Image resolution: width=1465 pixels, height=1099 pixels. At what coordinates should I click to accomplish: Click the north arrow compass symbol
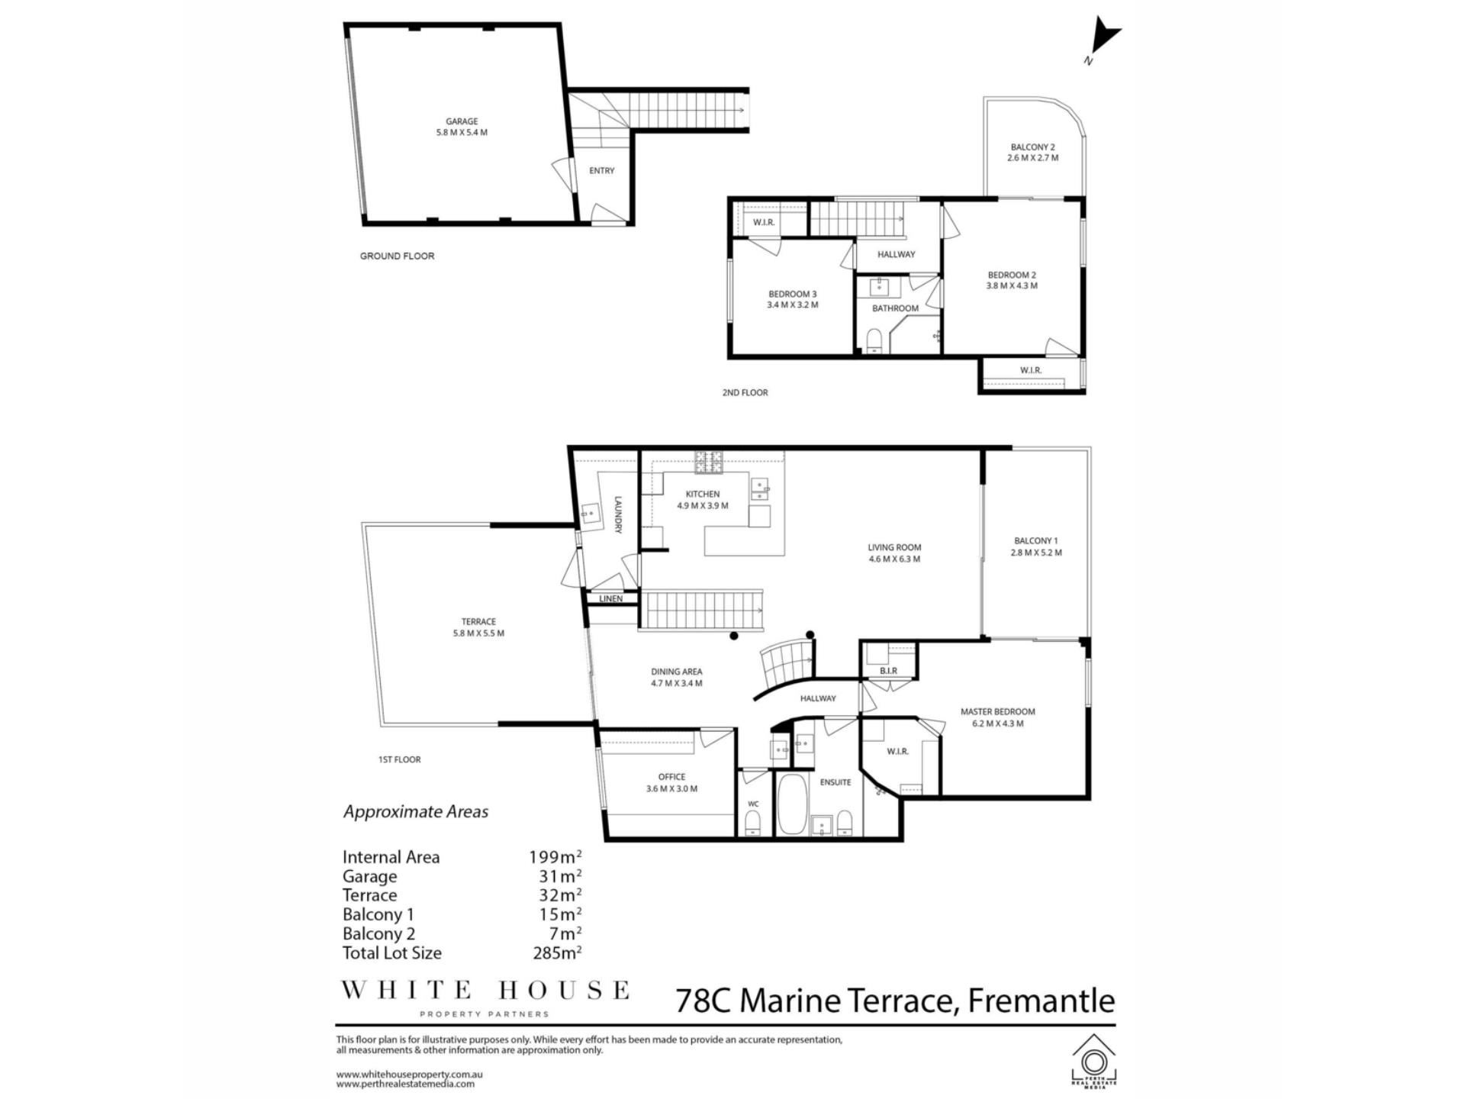1103,38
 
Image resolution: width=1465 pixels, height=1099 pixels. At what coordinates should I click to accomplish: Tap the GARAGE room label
462,121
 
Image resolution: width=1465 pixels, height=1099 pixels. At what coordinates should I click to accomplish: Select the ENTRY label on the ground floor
601,171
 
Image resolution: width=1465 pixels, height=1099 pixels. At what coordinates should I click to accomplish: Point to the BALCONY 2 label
1032,147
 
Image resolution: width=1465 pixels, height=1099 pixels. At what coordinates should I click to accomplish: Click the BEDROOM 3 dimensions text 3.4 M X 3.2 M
792,305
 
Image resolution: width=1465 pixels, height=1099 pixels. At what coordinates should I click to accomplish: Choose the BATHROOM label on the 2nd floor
895,309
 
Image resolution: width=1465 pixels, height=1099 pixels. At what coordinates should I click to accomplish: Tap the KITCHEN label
702,495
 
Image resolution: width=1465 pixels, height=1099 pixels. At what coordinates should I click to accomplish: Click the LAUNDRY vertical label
618,515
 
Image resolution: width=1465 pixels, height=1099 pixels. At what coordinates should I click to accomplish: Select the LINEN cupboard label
610,599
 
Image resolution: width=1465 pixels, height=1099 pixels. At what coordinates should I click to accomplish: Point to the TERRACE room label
478,622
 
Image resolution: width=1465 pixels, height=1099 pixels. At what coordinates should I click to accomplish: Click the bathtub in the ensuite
791,804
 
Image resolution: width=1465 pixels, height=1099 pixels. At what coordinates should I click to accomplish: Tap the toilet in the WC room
752,823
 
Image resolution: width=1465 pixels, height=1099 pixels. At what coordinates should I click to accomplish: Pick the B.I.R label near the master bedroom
888,671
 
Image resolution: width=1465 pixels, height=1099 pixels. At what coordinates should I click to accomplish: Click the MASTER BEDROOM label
997,712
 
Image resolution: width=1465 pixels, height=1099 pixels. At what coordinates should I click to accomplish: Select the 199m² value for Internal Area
555,856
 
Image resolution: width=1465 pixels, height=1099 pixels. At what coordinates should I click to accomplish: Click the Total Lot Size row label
391,952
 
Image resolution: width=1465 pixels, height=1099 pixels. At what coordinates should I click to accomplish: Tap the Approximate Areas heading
415,811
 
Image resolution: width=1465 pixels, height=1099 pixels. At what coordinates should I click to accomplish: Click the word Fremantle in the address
1042,1000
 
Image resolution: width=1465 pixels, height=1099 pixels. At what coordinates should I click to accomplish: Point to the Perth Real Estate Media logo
1093,1060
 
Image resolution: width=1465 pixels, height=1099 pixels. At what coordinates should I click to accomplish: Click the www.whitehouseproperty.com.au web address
409,1074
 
